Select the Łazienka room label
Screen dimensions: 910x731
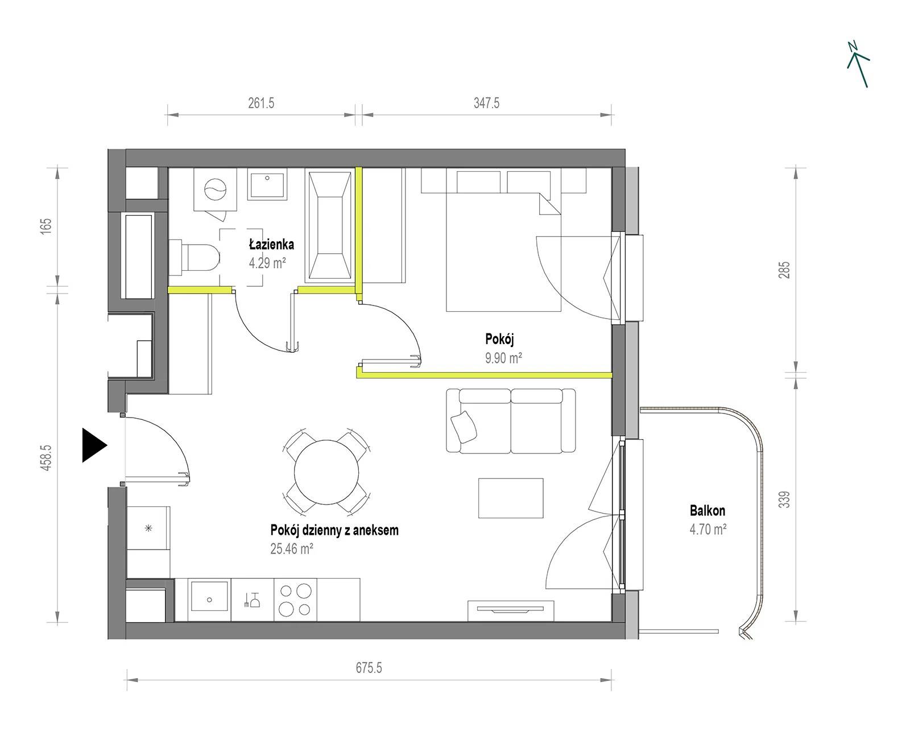click(x=271, y=244)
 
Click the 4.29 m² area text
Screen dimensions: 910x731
click(x=267, y=263)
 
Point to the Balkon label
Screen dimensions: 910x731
click(x=707, y=511)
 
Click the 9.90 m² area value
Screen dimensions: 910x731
click(x=503, y=358)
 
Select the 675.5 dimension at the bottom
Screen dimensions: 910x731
click(x=369, y=667)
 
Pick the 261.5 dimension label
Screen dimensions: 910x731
click(x=261, y=103)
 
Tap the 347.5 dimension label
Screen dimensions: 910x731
click(x=486, y=103)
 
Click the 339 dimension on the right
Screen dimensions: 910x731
click(x=784, y=499)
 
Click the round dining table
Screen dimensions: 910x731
click(x=326, y=472)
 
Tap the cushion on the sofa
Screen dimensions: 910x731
click(x=464, y=427)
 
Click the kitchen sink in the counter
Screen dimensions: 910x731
click(x=209, y=596)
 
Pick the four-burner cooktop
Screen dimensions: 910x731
click(x=295, y=600)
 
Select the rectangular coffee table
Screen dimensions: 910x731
click(x=511, y=498)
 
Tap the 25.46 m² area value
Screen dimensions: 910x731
click(x=292, y=548)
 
